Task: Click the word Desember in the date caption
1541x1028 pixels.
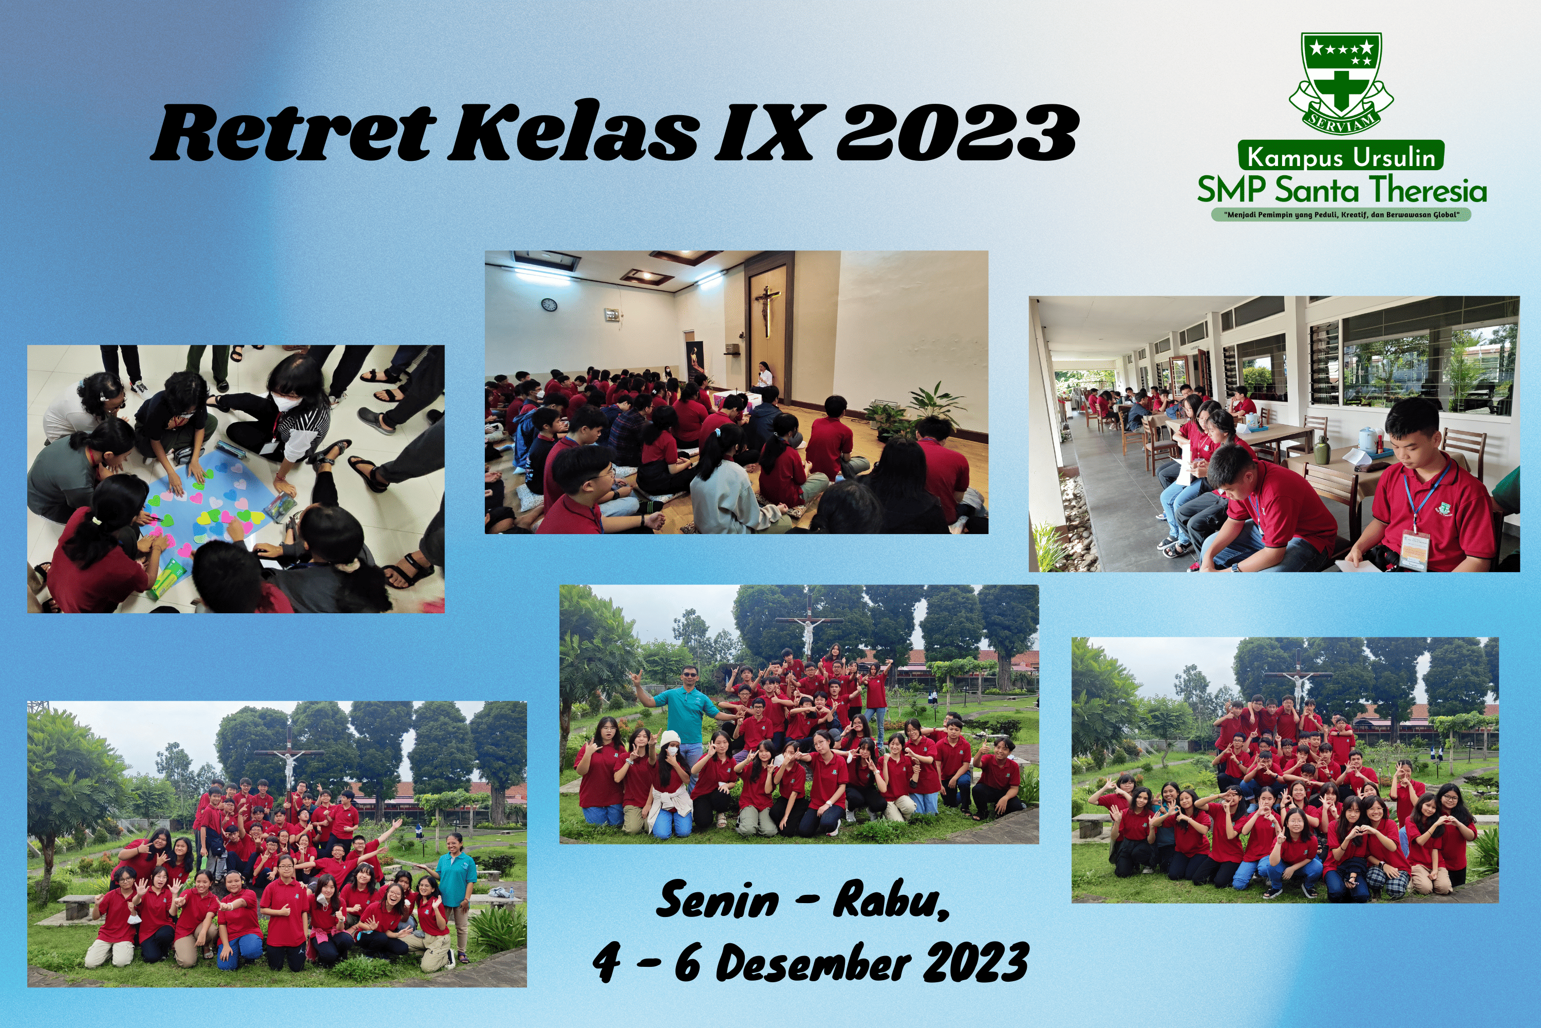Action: pos(813,962)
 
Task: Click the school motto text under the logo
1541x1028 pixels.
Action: pos(1341,214)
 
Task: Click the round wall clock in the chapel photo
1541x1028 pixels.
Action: pos(549,304)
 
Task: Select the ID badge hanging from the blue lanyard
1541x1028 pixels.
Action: pos(1415,550)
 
